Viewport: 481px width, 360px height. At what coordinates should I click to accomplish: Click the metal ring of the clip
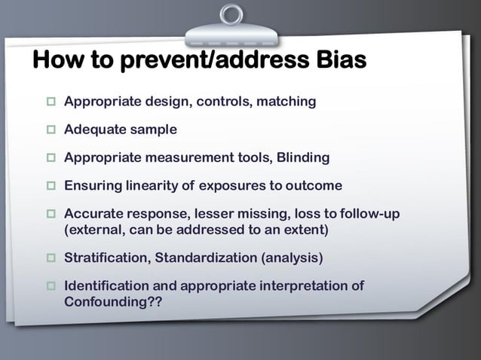[x=231, y=15]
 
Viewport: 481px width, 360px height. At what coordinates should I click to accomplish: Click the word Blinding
[x=303, y=157]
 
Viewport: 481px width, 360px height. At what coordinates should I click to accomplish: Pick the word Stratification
[x=107, y=258]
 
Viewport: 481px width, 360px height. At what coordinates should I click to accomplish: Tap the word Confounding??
[x=112, y=301]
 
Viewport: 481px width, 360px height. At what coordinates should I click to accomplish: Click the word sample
[x=153, y=130]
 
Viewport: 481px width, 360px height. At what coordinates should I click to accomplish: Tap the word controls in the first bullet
[x=225, y=101]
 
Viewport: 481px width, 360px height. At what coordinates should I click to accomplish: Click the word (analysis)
[x=292, y=258]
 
